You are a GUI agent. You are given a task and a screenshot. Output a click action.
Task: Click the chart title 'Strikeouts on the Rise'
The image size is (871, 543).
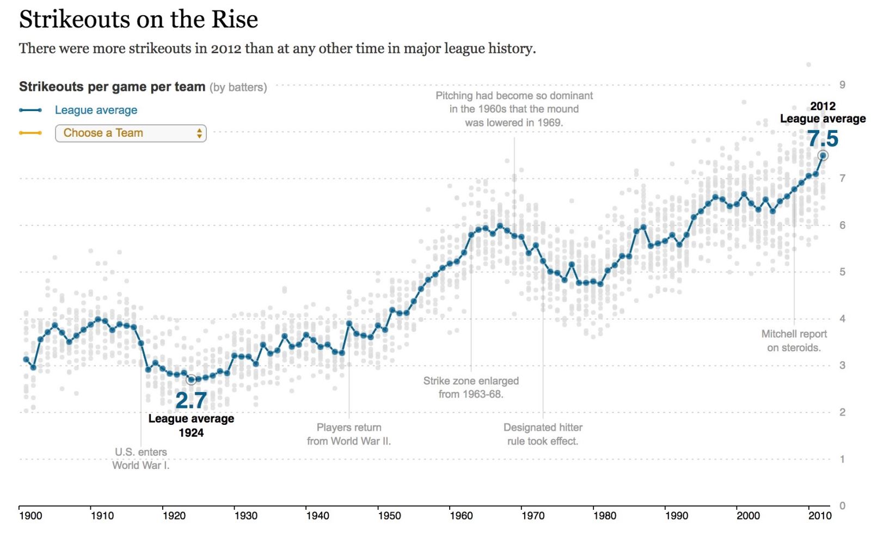click(138, 20)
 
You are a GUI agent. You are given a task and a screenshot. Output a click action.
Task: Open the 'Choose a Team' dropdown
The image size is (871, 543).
click(131, 133)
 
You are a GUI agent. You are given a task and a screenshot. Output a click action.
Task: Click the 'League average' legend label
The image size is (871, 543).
click(96, 110)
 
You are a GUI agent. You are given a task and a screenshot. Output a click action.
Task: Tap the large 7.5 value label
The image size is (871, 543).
click(823, 138)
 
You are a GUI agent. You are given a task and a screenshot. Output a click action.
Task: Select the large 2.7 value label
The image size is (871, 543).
click(191, 400)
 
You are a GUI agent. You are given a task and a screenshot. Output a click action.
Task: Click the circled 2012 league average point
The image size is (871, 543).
click(823, 156)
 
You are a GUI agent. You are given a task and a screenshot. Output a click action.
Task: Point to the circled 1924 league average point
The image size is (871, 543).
click(191, 380)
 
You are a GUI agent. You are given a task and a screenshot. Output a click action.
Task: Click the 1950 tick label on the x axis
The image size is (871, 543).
click(389, 516)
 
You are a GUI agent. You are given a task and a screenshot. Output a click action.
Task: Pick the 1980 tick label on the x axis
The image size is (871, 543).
click(605, 516)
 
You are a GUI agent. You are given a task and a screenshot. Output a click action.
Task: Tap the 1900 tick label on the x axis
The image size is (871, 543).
click(30, 516)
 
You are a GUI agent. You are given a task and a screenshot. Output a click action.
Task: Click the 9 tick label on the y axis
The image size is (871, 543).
click(842, 85)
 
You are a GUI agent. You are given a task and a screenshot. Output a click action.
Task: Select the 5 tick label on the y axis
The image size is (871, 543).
click(842, 272)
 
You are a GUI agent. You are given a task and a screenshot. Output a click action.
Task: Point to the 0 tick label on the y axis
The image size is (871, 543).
click(842, 505)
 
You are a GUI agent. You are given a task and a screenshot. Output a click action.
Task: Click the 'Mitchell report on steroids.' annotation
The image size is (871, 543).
click(794, 341)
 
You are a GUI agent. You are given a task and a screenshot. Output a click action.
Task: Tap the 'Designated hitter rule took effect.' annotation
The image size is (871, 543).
click(543, 434)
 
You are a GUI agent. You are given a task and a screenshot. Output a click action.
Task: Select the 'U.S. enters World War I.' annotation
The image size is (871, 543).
click(141, 459)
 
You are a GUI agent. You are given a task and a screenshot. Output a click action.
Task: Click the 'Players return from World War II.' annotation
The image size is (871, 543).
click(349, 434)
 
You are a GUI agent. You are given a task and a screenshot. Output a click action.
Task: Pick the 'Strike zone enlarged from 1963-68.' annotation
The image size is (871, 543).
click(471, 387)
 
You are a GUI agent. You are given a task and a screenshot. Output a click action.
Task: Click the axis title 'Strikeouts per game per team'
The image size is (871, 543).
click(112, 87)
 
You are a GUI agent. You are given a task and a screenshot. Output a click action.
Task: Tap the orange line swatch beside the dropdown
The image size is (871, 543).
click(30, 133)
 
